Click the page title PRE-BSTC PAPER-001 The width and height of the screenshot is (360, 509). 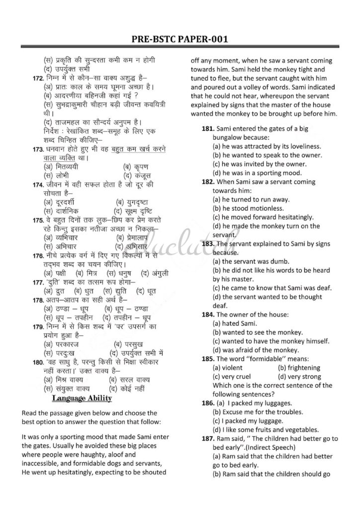pyautogui.click(x=180, y=39)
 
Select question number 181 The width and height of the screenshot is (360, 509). pyautogui.click(x=208, y=129)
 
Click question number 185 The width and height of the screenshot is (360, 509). pyautogui.click(x=208, y=358)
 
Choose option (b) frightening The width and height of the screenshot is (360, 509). pyautogui.click(x=302, y=368)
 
